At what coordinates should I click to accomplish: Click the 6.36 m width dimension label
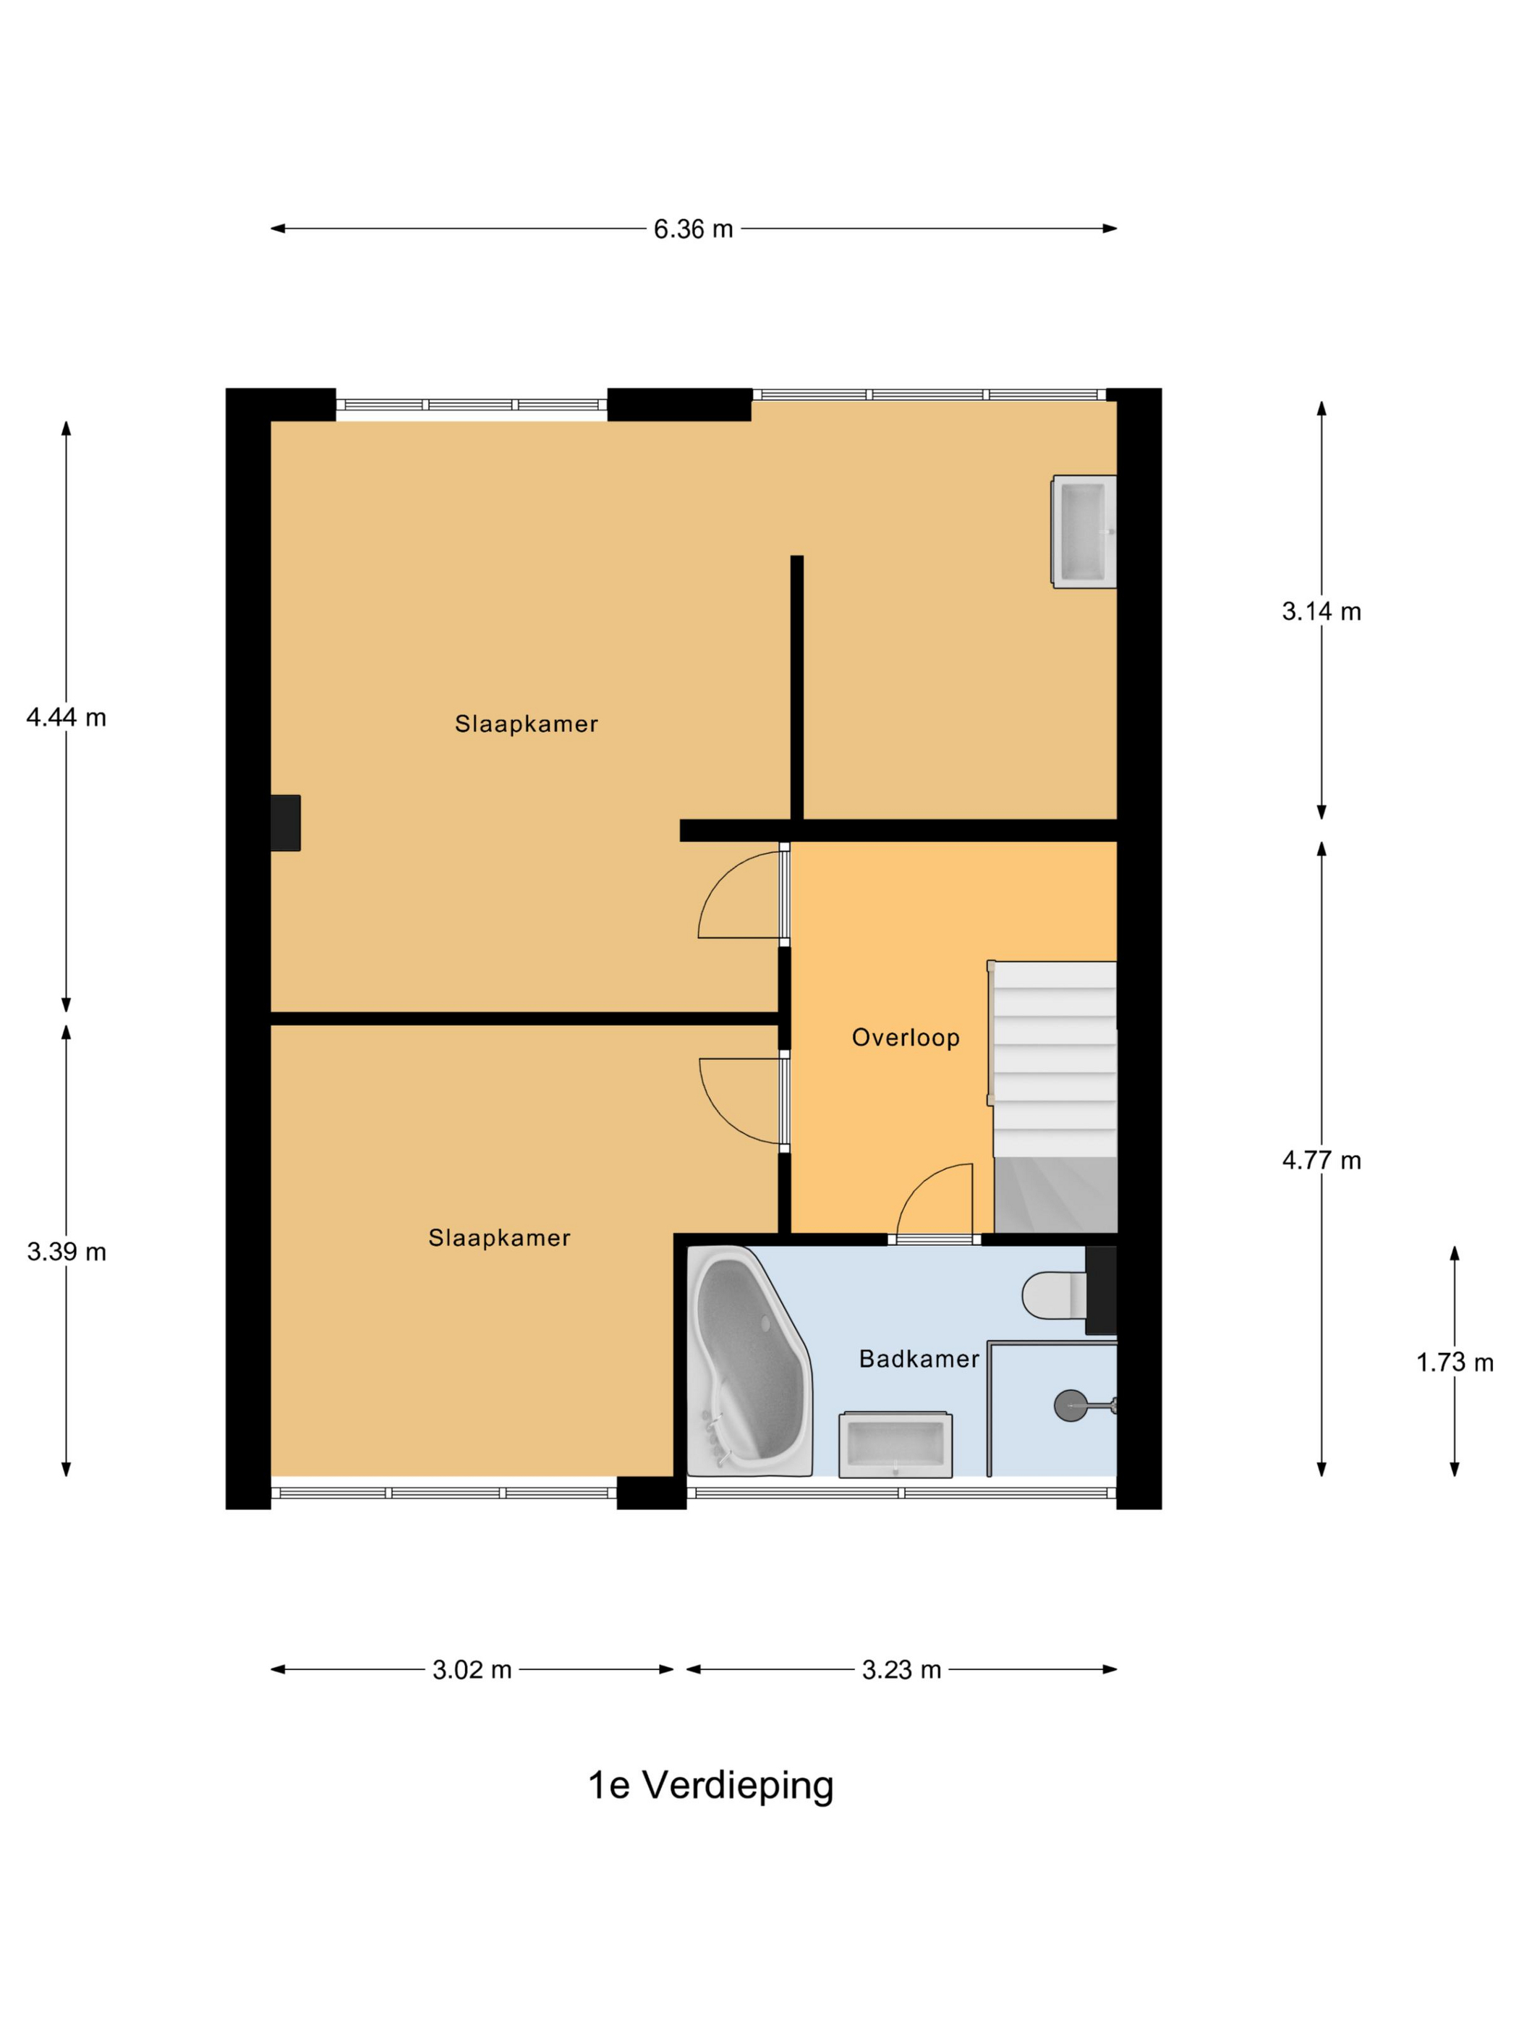point(693,229)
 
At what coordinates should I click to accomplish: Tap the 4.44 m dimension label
point(66,717)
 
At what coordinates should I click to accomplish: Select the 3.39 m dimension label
point(66,1251)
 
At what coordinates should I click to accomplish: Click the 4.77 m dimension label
point(1322,1161)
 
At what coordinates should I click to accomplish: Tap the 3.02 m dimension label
point(472,1670)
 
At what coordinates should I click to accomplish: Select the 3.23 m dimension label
point(901,1670)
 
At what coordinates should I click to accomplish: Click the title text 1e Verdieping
point(710,1785)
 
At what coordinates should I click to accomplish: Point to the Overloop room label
point(906,1038)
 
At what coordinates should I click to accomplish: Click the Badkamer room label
point(919,1359)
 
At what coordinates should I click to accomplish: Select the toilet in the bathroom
point(1055,1295)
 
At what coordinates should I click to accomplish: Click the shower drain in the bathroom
point(1071,1405)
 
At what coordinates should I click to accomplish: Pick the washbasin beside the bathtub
point(895,1444)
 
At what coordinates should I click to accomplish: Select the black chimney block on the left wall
point(286,823)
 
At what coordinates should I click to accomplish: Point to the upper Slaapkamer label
point(527,724)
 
